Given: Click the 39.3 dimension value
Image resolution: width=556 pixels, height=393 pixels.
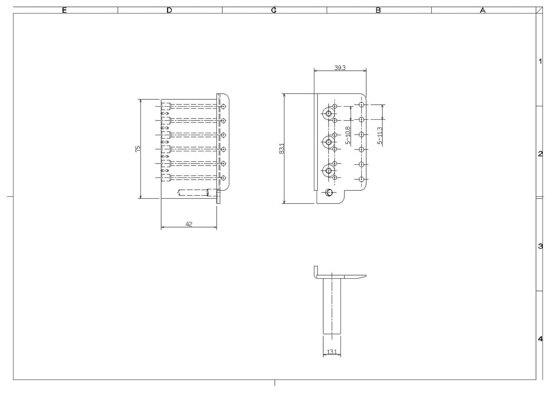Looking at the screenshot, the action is pos(340,68).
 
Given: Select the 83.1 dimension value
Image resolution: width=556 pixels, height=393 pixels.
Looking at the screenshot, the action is pos(282,149).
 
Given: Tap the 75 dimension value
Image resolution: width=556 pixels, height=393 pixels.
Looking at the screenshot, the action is pos(138,149).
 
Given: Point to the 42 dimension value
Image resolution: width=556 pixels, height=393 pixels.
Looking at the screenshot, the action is pos(189,224).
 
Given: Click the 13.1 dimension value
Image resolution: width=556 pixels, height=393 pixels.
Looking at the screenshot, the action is pos(332,352).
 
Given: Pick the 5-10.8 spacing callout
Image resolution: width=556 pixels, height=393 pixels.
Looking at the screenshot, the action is pos(348,135).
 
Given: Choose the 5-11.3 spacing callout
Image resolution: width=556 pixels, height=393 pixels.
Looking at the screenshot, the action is pos(379,135).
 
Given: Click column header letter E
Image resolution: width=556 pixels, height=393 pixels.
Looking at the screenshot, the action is pos(64,10).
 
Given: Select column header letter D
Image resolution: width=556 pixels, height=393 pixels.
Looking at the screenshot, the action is pos(169,10).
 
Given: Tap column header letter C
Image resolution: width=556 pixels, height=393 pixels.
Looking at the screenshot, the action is pos(274,10).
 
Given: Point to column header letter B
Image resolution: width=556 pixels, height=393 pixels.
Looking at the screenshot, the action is pos(378,10).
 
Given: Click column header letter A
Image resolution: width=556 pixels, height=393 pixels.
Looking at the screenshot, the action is pos(483,10).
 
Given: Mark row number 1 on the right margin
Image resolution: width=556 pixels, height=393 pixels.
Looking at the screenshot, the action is pos(540,61).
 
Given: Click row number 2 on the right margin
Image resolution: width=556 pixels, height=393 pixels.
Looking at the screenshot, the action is pos(540,154).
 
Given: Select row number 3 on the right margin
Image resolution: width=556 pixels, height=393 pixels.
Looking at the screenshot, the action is pos(540,246).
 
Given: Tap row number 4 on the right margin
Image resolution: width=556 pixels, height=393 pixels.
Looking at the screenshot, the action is pos(540,339).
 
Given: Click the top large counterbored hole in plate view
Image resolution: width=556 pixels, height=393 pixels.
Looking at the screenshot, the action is pos(329,114).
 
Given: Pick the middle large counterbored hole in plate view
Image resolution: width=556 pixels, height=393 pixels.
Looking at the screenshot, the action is pos(329,142).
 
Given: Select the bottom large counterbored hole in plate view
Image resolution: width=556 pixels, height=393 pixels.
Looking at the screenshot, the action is pos(329,171).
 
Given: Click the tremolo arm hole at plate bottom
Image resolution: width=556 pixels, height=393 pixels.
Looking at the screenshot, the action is pos(329,192).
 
